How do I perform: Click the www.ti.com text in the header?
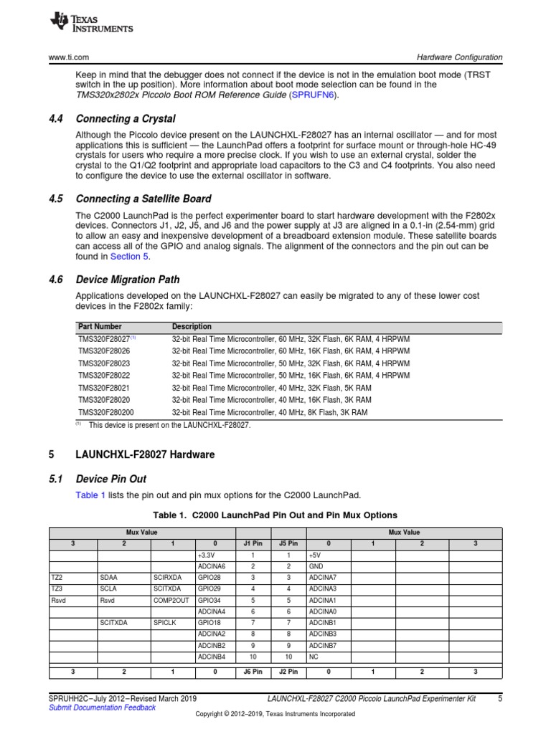[x=69, y=57]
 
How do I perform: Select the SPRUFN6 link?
[x=312, y=95]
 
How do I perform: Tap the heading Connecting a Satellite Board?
[x=143, y=199]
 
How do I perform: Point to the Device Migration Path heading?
[x=128, y=280]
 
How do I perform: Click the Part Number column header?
[x=100, y=327]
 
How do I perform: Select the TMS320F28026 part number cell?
[x=104, y=351]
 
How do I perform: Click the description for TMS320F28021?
[x=270, y=388]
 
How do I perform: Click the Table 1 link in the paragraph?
[x=90, y=495]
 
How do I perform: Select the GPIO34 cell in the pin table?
[x=209, y=600]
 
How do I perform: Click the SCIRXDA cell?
[x=167, y=577]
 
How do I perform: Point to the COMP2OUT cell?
[x=171, y=600]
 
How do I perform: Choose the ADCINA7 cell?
[x=322, y=577]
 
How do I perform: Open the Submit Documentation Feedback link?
[x=102, y=707]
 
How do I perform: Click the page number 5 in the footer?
[x=499, y=698]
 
